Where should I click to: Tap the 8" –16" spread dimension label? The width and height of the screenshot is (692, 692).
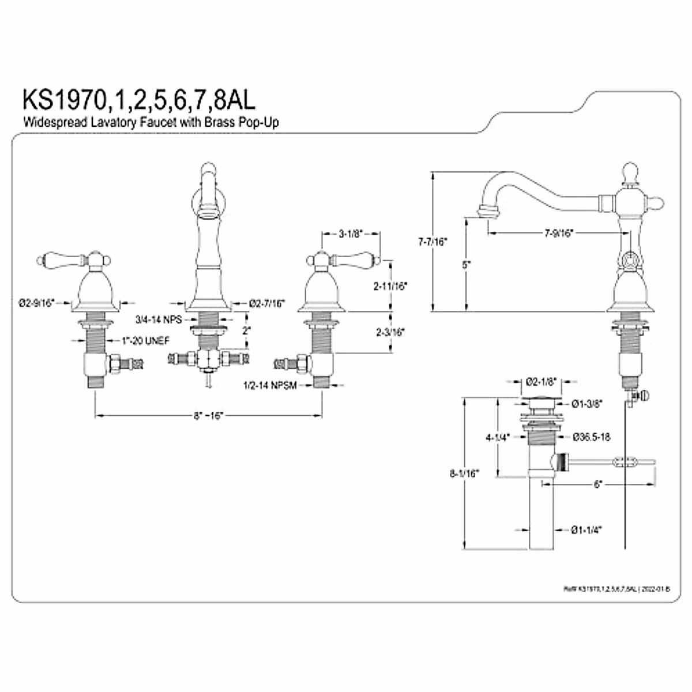coord(208,416)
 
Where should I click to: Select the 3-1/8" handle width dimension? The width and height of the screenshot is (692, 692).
coord(350,234)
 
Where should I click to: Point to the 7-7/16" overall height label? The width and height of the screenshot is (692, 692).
coord(432,243)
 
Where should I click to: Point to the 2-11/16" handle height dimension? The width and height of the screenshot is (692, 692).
coord(391,285)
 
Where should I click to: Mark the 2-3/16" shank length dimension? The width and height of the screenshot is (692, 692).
coord(390,332)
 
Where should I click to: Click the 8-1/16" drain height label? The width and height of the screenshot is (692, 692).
coord(465,473)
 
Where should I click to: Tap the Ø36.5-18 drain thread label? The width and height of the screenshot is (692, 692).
coord(591,437)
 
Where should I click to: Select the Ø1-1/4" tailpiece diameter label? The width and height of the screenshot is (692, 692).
coord(586,531)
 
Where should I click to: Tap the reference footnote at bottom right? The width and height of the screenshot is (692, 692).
coord(616,589)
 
